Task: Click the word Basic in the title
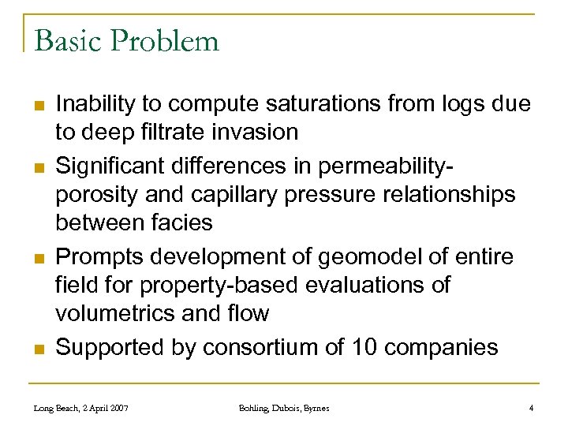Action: (x=69, y=39)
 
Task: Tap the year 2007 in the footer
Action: (x=118, y=408)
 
